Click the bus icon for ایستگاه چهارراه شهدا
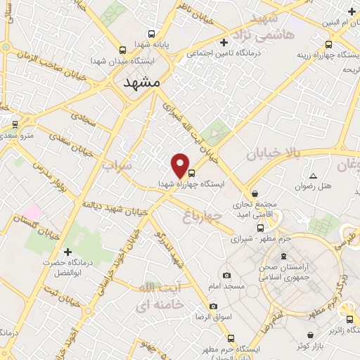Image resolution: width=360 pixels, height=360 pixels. pos(192,172)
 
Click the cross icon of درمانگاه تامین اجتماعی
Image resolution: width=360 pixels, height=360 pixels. pos(224,42)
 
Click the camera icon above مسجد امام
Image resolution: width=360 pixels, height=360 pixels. pos(226,275)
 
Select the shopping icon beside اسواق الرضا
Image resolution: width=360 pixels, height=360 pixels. pos(214,307)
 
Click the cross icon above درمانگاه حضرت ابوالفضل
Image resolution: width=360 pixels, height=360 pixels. pos(67,252)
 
